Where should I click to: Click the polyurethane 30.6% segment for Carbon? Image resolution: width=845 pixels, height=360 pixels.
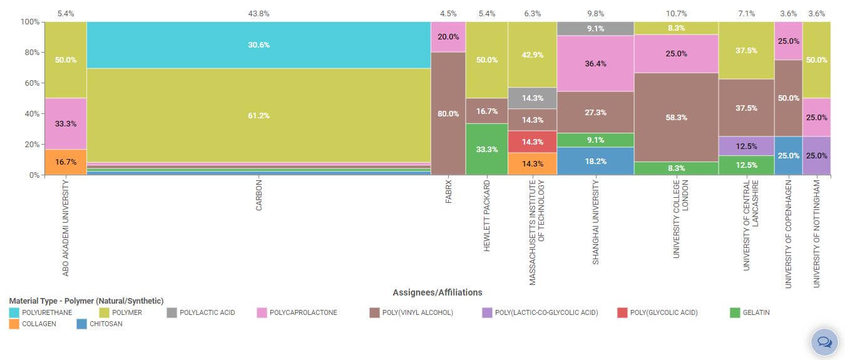pyautogui.click(x=259, y=45)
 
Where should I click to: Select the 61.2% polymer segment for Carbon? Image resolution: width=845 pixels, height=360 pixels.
pyautogui.click(x=259, y=115)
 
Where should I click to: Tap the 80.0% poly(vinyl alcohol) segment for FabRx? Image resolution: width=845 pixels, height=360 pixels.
pyautogui.click(x=448, y=113)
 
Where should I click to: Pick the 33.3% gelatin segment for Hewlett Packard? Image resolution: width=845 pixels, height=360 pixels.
pyautogui.click(x=486, y=149)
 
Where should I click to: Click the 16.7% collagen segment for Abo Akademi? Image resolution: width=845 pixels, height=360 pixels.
pyautogui.click(x=66, y=162)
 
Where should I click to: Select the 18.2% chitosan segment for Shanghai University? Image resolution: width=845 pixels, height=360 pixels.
pyautogui.click(x=595, y=161)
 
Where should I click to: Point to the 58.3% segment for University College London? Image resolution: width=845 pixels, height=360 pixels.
pyautogui.click(x=676, y=117)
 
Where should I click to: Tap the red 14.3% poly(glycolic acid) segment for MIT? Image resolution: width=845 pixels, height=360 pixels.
pyautogui.click(x=532, y=141)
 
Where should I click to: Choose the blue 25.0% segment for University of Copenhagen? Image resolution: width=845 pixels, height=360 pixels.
pyautogui.click(x=788, y=155)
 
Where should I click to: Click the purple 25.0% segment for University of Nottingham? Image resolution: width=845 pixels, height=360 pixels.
pyautogui.click(x=816, y=155)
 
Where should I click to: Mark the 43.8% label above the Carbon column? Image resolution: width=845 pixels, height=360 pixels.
pyautogui.click(x=259, y=13)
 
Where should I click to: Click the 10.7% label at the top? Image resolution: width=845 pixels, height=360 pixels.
pyautogui.click(x=676, y=13)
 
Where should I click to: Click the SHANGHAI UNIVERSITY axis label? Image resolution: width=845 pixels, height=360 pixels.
pyautogui.click(x=595, y=222)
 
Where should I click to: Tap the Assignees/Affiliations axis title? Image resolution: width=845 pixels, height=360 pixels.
pyautogui.click(x=438, y=292)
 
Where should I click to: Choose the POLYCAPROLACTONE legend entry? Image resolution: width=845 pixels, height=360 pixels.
pyautogui.click(x=297, y=312)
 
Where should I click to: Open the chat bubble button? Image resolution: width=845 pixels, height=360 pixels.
pyautogui.click(x=824, y=342)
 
